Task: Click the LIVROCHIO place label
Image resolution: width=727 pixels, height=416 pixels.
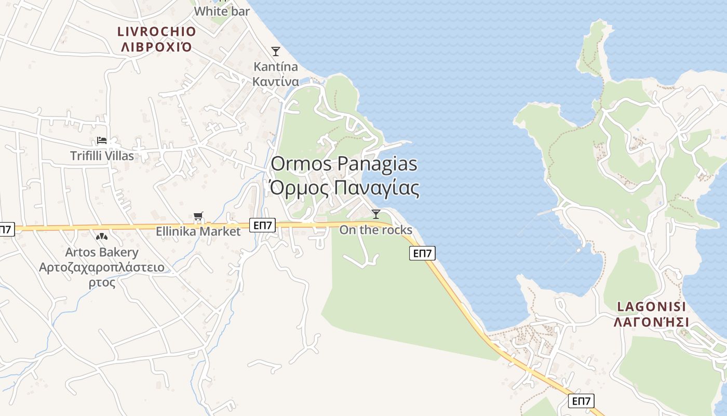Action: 156,32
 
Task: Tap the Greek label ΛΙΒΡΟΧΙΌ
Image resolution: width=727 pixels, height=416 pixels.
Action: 156,47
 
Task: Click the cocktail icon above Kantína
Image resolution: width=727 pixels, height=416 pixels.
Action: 276,51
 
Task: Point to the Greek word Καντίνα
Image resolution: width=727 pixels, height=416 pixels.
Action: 276,82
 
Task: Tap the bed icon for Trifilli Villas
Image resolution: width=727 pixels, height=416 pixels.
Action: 102,140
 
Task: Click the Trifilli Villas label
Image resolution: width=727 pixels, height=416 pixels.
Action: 102,155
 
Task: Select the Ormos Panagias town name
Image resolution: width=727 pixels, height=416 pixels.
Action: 344,164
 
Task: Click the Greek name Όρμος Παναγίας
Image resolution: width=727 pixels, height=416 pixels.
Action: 344,188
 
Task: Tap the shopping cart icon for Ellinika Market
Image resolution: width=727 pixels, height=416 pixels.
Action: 198,216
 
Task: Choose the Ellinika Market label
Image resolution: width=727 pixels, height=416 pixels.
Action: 198,231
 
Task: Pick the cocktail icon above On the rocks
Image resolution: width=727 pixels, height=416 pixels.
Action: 376,214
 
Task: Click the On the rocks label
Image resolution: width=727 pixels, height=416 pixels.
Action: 376,230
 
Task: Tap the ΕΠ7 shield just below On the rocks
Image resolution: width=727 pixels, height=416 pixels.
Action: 422,253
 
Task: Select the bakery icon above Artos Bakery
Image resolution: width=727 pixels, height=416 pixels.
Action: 102,237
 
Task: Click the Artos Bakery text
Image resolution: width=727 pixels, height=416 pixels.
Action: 102,253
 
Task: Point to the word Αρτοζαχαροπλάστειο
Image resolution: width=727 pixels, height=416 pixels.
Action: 102,268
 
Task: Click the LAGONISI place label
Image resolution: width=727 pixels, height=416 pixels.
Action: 651,306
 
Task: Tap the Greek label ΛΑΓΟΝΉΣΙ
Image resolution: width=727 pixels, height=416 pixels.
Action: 651,322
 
